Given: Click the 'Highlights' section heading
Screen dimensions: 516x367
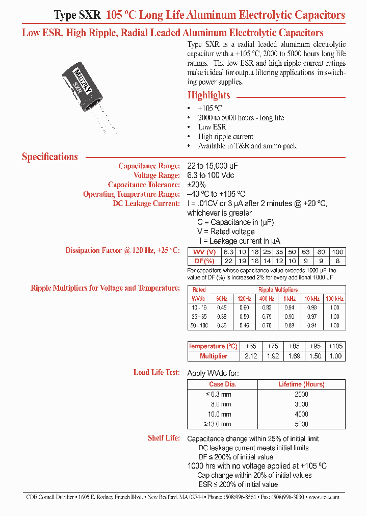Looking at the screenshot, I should tap(208, 95).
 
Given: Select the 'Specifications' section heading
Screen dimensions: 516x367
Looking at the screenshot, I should tap(50, 157).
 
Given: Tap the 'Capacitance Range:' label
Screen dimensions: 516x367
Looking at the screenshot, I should tap(149, 166).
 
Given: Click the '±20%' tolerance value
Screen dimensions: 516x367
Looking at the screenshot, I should tap(196, 185).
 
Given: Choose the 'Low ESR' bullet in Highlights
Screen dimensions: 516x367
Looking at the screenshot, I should tap(212, 127).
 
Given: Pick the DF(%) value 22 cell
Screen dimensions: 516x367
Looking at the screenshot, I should tap(228, 261).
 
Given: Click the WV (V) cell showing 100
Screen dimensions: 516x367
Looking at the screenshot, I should tap(337, 252).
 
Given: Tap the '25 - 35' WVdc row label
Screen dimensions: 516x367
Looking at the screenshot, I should tap(199, 317).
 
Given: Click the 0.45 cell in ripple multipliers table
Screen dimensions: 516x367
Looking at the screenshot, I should tap(222, 307).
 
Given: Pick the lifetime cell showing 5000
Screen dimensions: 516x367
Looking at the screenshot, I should tap(302, 424).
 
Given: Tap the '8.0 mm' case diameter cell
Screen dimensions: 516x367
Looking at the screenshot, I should tap(222, 404).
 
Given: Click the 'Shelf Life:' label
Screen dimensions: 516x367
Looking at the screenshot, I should tap(164, 438).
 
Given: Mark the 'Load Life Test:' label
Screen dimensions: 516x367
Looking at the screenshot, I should tap(156, 372).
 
